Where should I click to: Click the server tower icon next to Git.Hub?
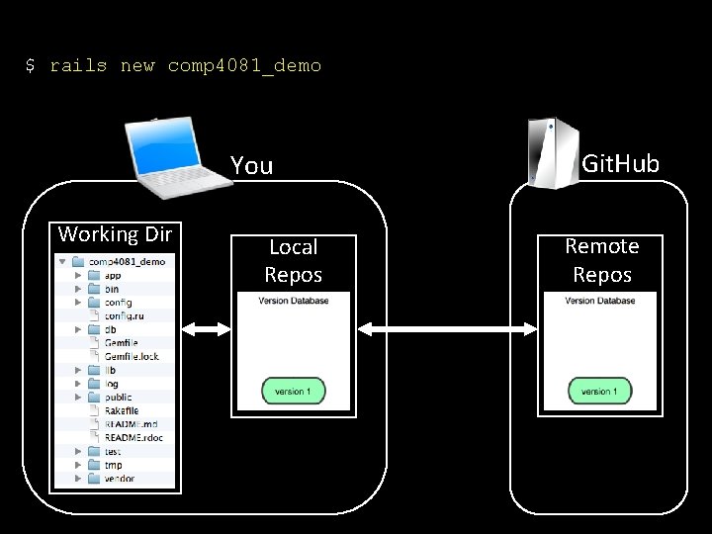[x=552, y=150]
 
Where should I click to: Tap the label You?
[x=251, y=165]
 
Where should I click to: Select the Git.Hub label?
[x=620, y=163]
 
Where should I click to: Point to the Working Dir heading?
[x=115, y=234]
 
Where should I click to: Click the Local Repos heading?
[x=293, y=260]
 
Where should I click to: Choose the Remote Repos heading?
[x=601, y=260]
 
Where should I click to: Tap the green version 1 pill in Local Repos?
[x=293, y=391]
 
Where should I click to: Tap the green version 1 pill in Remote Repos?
[x=599, y=391]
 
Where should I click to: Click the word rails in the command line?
[x=78, y=66]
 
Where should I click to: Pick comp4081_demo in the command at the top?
[x=244, y=66]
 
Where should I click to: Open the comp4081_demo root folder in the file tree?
[x=125, y=262]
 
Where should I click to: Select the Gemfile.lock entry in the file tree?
[x=131, y=356]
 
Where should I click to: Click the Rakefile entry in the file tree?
[x=121, y=410]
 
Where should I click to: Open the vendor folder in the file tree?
[x=119, y=478]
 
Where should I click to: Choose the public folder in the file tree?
[x=118, y=397]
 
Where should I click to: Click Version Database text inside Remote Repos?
[x=599, y=301]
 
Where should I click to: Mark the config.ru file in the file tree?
[x=125, y=315]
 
